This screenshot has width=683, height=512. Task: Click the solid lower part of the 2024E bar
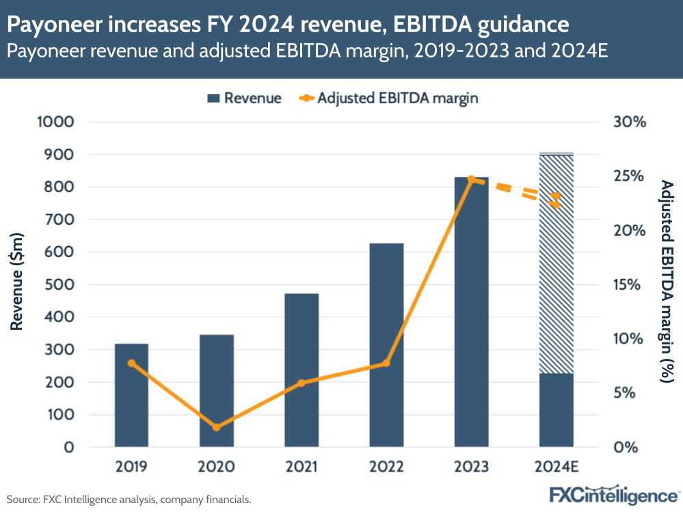click(556, 410)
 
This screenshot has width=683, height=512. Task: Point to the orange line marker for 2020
click(217, 427)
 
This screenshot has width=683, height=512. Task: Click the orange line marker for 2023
click(471, 179)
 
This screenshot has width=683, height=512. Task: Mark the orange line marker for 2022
click(386, 363)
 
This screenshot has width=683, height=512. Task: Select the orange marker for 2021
click(302, 383)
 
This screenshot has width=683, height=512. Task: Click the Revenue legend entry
click(243, 98)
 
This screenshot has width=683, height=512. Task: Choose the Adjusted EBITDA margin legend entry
click(388, 98)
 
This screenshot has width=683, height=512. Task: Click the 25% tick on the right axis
click(629, 176)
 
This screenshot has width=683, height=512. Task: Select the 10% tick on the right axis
click(629, 339)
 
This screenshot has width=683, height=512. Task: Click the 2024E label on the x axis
click(556, 467)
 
